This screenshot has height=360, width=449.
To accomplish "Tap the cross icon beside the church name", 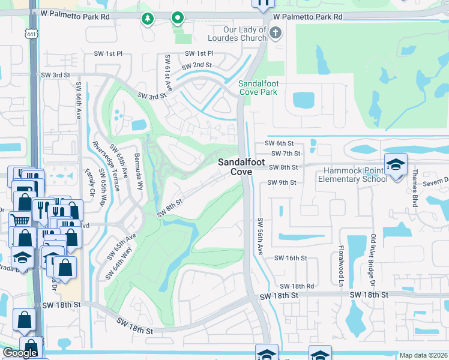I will (x=276, y=33).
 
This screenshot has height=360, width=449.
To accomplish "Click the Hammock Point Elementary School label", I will (x=352, y=175).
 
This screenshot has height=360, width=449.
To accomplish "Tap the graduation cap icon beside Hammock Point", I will (x=396, y=164).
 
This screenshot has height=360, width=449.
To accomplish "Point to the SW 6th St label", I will (x=279, y=144).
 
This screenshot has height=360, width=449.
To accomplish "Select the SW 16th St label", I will (x=291, y=258).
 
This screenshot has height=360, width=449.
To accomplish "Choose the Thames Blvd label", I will (x=414, y=188).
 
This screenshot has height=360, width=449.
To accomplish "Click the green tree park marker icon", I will (x=147, y=19).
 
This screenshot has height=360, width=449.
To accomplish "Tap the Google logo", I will (x=20, y=353).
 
